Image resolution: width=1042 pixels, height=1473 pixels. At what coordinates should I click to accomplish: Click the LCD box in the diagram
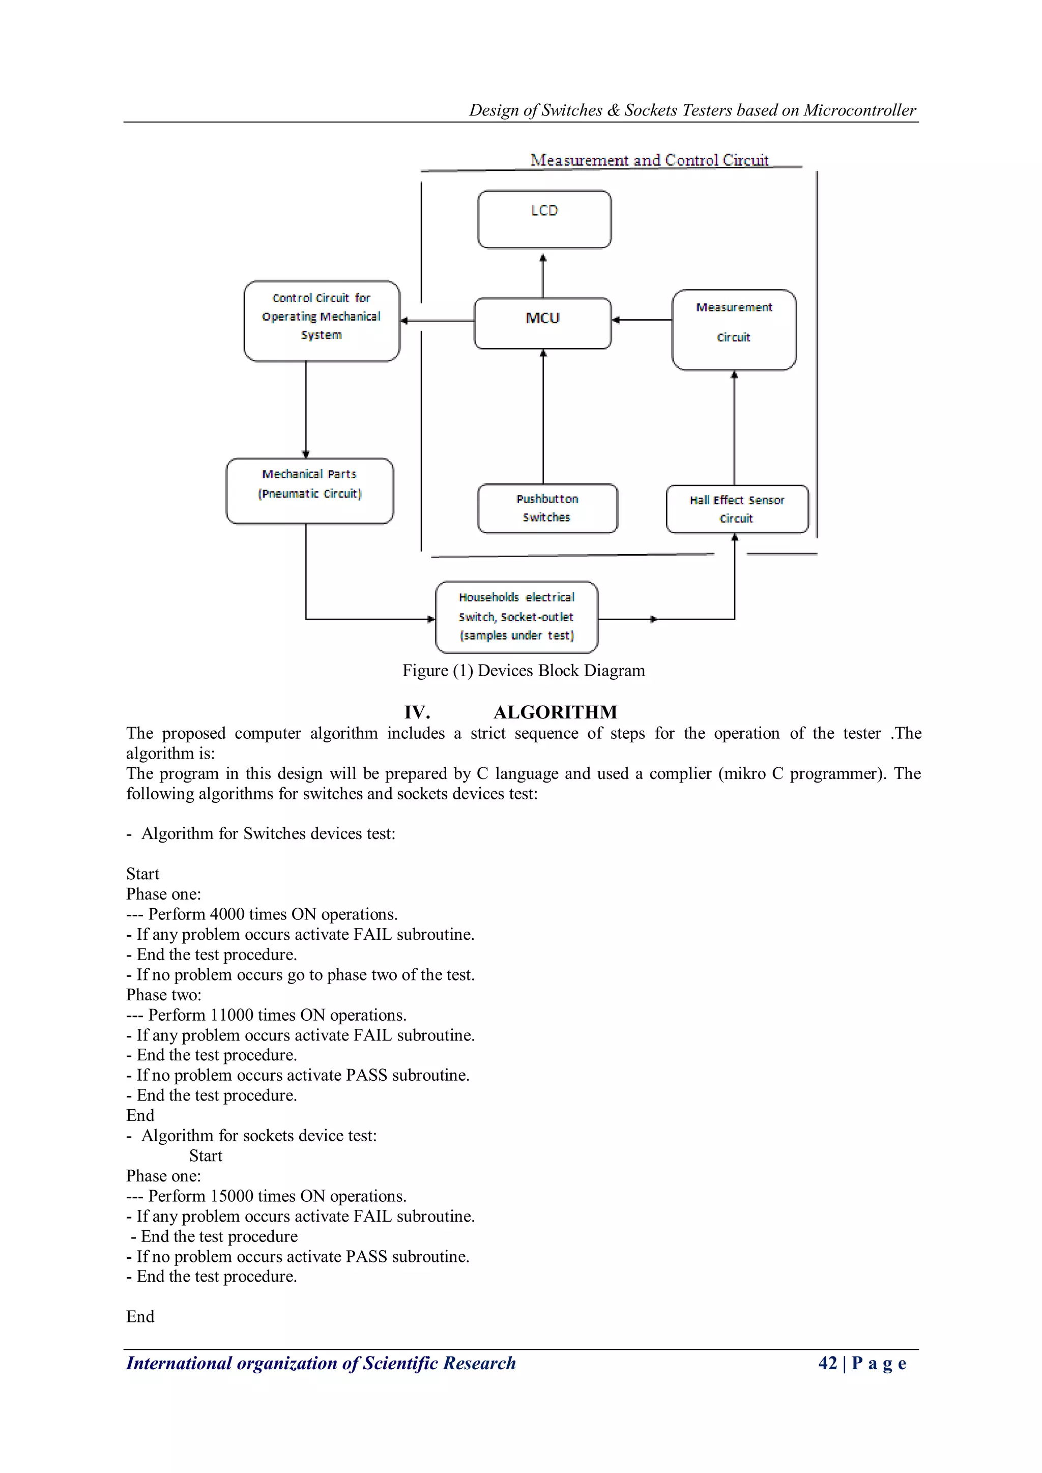coord(544,219)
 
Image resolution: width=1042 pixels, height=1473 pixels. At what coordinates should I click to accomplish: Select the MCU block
coord(543,323)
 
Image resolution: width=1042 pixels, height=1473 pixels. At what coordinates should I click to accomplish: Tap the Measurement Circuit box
coord(734,329)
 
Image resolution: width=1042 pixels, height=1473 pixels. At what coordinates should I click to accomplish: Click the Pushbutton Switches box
coord(547,508)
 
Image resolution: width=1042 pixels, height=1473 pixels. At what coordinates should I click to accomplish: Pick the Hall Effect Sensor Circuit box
coord(737,509)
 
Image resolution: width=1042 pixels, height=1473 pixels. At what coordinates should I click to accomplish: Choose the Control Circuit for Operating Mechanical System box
coord(322,320)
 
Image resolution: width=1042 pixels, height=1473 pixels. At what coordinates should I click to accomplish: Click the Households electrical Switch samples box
coord(516,617)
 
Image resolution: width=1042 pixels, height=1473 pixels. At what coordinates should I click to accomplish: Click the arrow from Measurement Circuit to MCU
coord(642,320)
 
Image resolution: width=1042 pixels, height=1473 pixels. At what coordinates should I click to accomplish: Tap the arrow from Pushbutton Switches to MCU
coord(543,417)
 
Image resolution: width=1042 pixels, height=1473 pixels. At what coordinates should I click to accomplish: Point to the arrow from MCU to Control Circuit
coord(437,320)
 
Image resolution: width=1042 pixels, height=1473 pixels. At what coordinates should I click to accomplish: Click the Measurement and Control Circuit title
coord(649,160)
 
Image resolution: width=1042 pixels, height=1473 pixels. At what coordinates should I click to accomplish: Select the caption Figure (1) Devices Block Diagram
coord(524,671)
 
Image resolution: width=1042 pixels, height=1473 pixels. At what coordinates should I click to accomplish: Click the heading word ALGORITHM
coord(555,712)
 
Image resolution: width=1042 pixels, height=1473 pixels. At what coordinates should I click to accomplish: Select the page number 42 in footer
coord(827,1363)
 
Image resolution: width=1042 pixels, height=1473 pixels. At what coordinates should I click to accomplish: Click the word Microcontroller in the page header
coord(859,110)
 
